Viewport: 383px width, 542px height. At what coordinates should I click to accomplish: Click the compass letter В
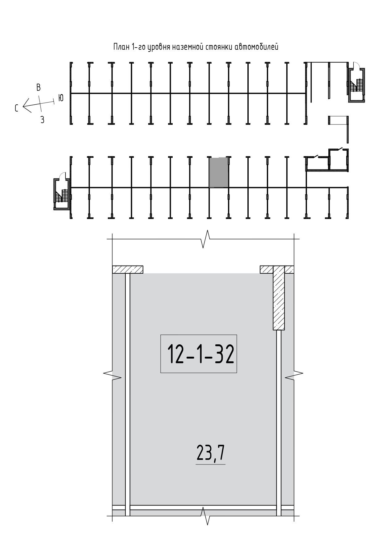(39, 87)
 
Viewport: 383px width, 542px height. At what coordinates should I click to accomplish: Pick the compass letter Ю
(61, 98)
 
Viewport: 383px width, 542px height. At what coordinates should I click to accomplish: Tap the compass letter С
(17, 108)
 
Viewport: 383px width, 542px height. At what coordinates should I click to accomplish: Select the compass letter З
(42, 120)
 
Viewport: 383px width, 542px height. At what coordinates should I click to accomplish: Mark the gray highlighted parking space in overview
(219, 172)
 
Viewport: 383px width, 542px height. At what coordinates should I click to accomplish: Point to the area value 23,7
(211, 454)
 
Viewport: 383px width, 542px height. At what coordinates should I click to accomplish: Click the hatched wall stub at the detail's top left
(128, 270)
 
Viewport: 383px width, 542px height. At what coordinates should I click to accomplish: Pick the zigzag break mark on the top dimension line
(206, 239)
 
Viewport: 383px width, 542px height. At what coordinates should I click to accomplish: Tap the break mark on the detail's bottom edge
(206, 516)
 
